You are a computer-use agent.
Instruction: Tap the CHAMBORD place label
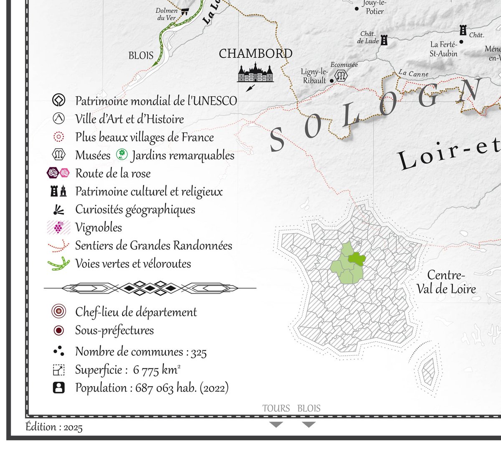pos(256,54)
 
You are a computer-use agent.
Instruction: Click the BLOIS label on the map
pos(141,56)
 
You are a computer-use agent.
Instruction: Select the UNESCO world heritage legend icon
pos(59,101)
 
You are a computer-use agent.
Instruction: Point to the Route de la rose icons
pos(58,173)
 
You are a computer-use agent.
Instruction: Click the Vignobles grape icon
pos(58,227)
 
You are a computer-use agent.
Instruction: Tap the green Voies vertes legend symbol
pos(58,264)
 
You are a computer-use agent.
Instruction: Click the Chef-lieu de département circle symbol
pos(59,311)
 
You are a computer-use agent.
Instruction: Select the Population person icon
pos(59,388)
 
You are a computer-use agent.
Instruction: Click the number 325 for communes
pos(199,352)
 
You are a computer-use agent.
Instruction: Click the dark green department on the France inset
pos(357,259)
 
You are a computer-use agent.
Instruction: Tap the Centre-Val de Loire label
pos(446,282)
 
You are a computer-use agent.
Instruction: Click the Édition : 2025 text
pos(54,427)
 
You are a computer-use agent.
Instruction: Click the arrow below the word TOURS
pos(276,425)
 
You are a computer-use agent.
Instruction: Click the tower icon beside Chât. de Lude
pos(384,40)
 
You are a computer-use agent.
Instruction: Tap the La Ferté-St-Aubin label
pos(444,49)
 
